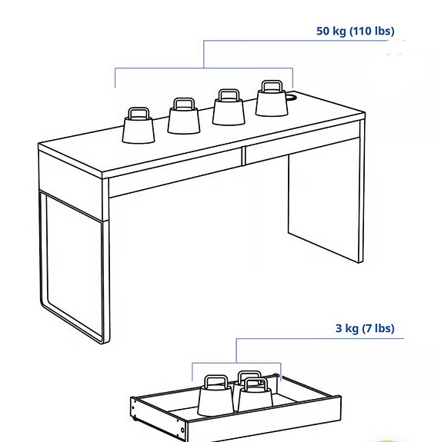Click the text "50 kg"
pyautogui.click(x=332, y=32)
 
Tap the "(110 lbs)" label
pyautogui.click(x=372, y=32)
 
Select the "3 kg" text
pyautogui.click(x=347, y=328)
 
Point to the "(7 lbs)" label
pyautogui.click(x=379, y=328)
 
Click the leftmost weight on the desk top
pyautogui.click(x=139, y=128)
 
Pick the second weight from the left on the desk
pyautogui.click(x=183, y=119)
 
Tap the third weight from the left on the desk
pyautogui.click(x=229, y=111)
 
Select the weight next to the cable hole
pyautogui.click(x=272, y=101)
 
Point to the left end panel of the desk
pyautogui.click(x=74, y=254)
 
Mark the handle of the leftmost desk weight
pyautogui.click(x=139, y=114)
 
